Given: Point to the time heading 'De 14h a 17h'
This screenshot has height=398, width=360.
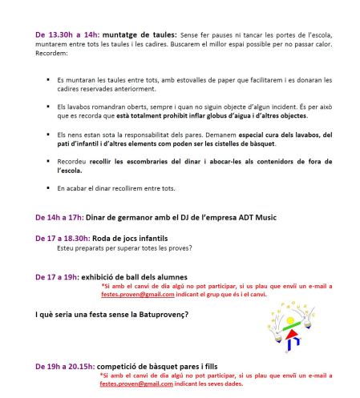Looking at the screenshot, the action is point(59,217).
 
